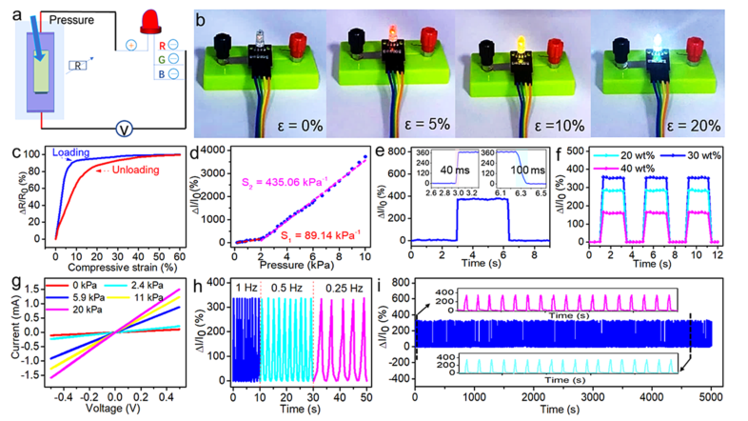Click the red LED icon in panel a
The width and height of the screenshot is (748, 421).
point(149,22)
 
